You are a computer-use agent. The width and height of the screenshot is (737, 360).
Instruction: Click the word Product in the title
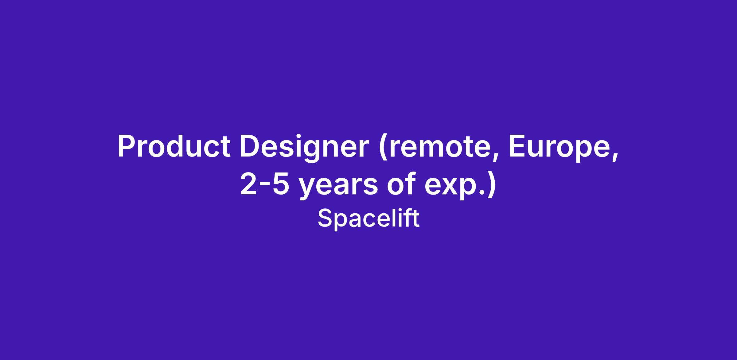click(x=174, y=146)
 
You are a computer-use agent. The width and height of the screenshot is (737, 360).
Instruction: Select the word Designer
click(x=304, y=149)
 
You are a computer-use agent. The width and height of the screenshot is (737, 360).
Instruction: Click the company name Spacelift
click(x=368, y=218)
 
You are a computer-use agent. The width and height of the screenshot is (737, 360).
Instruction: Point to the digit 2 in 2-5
click(x=248, y=184)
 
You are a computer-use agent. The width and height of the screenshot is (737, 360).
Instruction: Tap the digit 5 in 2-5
click(x=281, y=184)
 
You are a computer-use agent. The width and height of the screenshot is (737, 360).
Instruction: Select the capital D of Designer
click(x=250, y=146)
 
